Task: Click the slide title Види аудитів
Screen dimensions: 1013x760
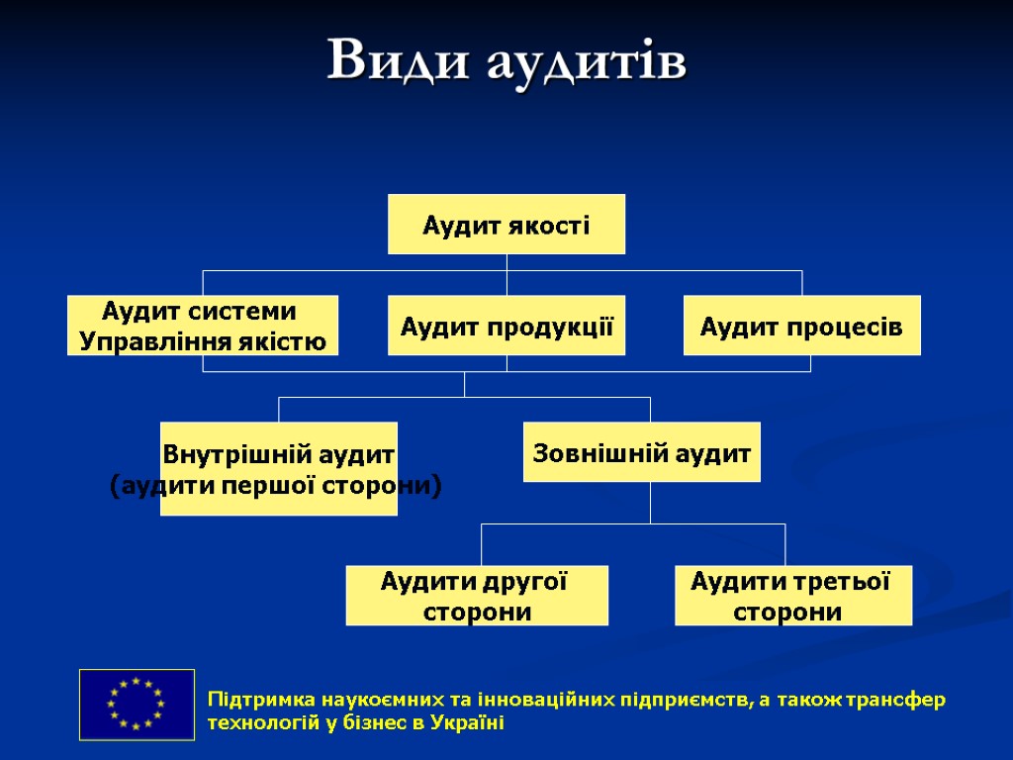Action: click(x=506, y=61)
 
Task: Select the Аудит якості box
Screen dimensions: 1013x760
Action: click(x=506, y=225)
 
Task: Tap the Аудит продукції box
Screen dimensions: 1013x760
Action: click(x=506, y=326)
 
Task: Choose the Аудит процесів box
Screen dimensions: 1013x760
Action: click(x=801, y=326)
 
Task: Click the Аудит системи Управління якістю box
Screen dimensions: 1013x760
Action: click(x=203, y=326)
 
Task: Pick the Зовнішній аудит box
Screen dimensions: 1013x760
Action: click(x=641, y=453)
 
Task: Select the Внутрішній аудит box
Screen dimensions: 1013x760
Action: click(x=279, y=469)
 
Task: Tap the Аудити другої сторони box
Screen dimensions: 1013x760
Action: click(x=477, y=596)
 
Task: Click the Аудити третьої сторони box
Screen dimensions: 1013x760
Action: click(x=792, y=596)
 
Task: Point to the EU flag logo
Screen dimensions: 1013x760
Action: click(x=137, y=704)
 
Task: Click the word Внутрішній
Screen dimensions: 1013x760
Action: click(x=222, y=455)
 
